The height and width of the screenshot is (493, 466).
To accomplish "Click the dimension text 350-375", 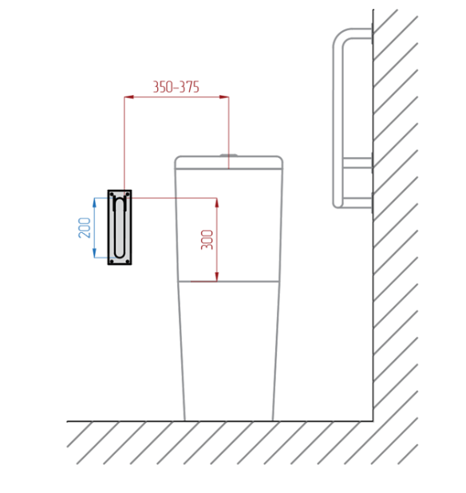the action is point(176,87).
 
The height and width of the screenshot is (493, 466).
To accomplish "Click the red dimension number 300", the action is point(207,240).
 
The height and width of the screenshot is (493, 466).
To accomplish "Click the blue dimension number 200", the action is point(85,227).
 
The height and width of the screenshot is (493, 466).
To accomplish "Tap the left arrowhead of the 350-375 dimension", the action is point(129,97).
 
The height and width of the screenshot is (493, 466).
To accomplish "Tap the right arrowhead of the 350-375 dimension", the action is point(224,97).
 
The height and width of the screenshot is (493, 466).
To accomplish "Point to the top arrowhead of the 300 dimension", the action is point(217,203).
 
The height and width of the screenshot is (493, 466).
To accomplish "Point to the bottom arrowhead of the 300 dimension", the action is point(217,277).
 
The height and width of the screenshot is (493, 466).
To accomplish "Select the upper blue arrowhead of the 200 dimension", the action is point(94,203).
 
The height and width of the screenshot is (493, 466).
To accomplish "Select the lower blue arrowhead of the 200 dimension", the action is point(94,253).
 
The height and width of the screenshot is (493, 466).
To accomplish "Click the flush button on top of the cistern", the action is point(228,155).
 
